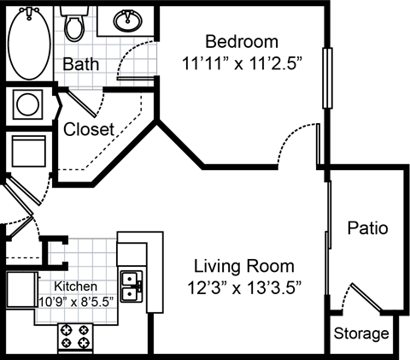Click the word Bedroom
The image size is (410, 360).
pos(243,42)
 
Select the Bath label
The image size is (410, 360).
pos(82,64)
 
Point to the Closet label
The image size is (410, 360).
pos(89,129)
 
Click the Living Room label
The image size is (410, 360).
pos(243,265)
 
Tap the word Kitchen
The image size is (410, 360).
pos(75,286)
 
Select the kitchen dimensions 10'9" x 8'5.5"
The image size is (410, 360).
pos(75,301)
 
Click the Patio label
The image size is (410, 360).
pos(368,228)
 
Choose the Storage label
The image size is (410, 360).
pos(360,333)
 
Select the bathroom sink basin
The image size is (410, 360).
pos(131,19)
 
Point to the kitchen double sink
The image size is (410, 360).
pos(132,286)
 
